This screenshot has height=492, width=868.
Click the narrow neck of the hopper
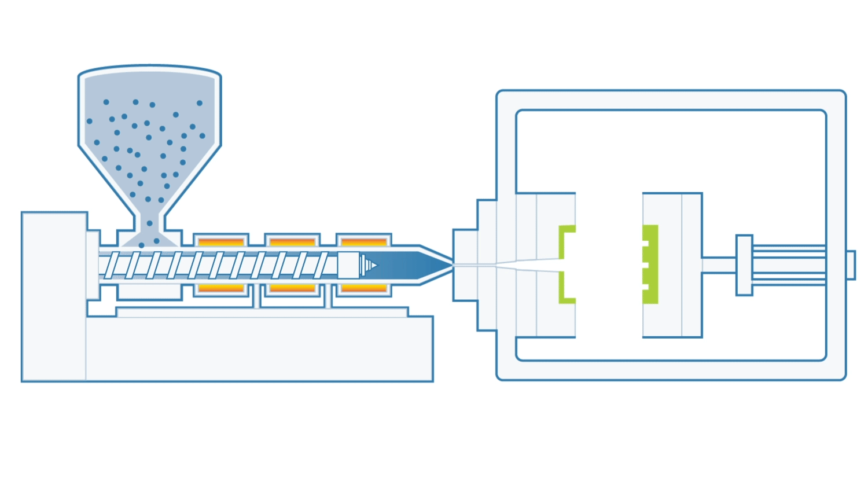(x=150, y=222)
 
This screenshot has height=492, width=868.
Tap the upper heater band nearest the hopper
(x=221, y=241)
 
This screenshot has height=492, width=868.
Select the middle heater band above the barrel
(x=292, y=241)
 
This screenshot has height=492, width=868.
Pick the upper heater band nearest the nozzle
(x=364, y=241)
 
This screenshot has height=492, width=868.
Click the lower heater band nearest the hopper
(x=221, y=288)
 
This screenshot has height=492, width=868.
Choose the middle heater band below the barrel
(x=292, y=288)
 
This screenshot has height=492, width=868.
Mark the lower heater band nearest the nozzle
(x=364, y=288)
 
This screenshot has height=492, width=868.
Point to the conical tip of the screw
(x=368, y=265)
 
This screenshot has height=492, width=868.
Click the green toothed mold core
(x=650, y=265)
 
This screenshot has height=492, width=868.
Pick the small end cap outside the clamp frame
(x=851, y=265)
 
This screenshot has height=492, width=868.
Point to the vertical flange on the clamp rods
(x=744, y=265)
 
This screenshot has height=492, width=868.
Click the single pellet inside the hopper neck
(x=150, y=223)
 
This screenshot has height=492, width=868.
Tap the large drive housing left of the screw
(x=54, y=295)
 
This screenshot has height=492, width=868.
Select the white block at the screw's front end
(x=348, y=265)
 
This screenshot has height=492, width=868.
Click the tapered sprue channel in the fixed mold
(x=521, y=265)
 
